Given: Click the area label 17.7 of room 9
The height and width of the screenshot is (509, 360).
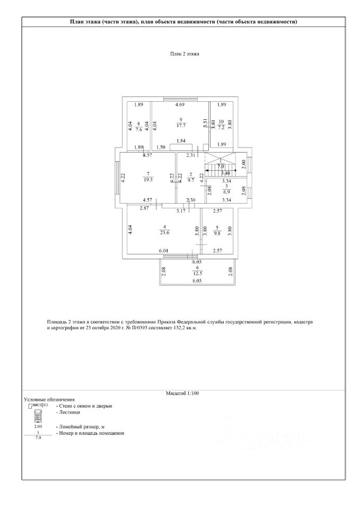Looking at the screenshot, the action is point(181,126).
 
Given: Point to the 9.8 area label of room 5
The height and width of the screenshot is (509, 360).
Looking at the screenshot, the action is point(217,232).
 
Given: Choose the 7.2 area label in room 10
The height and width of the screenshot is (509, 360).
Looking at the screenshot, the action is point(222,128).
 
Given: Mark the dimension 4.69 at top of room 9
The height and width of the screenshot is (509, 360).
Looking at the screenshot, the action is point(180,105).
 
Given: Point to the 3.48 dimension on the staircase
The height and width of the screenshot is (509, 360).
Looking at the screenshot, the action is point(225,173).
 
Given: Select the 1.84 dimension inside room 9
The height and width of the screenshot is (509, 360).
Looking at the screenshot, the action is point(181,141).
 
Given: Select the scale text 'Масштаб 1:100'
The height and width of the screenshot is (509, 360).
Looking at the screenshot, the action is point(182,393).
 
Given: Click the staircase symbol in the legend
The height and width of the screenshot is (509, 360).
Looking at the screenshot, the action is point(38,414).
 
